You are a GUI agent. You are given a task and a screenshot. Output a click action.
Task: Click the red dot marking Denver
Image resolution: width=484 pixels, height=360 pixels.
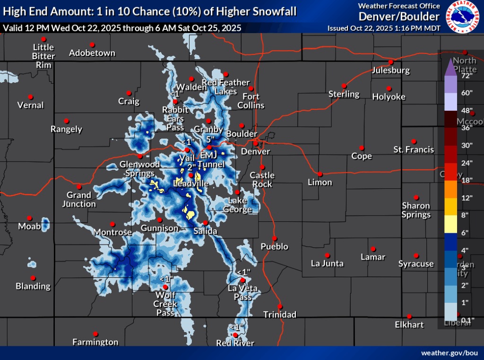pos(256,143)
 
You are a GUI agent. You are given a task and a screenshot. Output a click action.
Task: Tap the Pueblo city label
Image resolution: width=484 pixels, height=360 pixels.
pos(274,246)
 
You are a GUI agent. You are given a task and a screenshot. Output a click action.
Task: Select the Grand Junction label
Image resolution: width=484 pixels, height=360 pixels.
pos(78,199)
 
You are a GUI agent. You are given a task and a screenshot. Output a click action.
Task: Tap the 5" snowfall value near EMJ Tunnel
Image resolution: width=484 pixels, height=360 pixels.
pos(211,140)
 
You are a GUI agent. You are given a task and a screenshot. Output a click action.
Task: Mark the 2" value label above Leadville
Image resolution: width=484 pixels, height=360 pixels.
pos(191,167)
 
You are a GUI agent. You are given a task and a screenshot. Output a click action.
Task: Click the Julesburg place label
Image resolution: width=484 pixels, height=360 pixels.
pos(391,70)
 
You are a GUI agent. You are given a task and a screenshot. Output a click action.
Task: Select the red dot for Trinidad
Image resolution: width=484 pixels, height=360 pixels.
pos(279,306)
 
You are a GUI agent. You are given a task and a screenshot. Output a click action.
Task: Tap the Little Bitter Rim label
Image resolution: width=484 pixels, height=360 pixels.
pos(43,56)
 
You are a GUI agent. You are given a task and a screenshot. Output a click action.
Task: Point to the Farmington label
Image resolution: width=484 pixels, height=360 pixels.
pos(95,342)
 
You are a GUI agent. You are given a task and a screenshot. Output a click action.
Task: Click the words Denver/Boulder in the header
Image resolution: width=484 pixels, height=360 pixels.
pos(399,17)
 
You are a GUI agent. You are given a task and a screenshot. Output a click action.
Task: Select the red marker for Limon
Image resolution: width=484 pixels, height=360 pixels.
pos(320,174)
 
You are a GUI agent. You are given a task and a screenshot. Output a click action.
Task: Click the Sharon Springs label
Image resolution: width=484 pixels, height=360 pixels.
pos(416,210)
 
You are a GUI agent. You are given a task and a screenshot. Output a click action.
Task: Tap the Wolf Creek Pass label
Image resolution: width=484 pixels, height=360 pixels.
pos(165,304)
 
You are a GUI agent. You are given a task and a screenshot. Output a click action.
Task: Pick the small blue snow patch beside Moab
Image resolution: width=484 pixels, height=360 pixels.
pos(45,223)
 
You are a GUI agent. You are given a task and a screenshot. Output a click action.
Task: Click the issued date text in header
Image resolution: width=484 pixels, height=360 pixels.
pos(384,28)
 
